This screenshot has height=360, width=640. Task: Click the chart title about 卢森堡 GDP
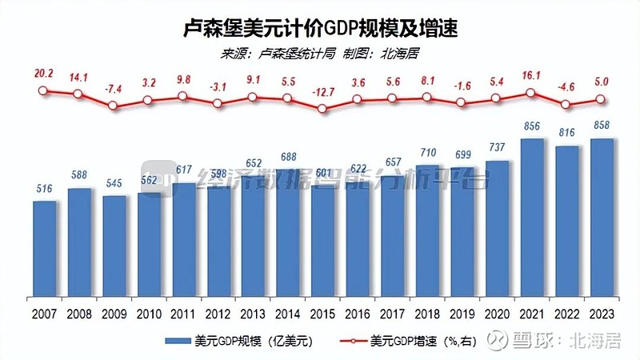click(320, 29)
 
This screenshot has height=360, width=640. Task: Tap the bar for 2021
click(532, 216)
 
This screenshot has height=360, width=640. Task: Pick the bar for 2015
click(323, 240)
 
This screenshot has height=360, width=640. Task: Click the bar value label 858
click(602, 126)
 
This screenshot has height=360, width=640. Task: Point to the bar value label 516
click(45, 189)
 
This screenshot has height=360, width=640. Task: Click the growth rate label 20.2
click(44, 73)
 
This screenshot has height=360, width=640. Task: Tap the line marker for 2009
click(113, 105)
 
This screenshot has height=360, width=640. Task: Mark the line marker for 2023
click(602, 100)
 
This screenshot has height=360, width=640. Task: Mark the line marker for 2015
click(323, 108)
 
